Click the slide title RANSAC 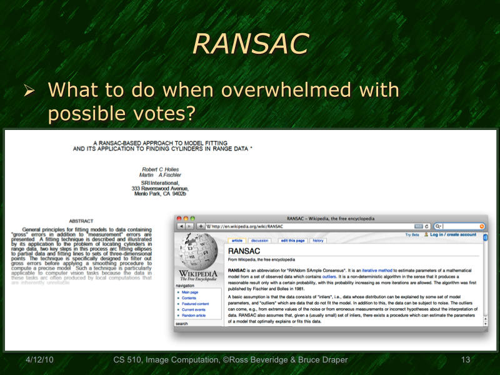250,43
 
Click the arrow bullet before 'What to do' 28,91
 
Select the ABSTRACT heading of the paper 81,221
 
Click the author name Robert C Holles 160,169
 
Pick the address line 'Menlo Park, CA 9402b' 160,194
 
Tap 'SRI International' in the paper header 160,182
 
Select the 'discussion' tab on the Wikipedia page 259,241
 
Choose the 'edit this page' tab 292,241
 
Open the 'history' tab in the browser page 318,241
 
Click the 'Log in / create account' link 453,235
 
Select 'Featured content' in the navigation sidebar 196,304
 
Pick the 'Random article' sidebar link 194,315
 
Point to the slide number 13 465,360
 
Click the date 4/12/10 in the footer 39,360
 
